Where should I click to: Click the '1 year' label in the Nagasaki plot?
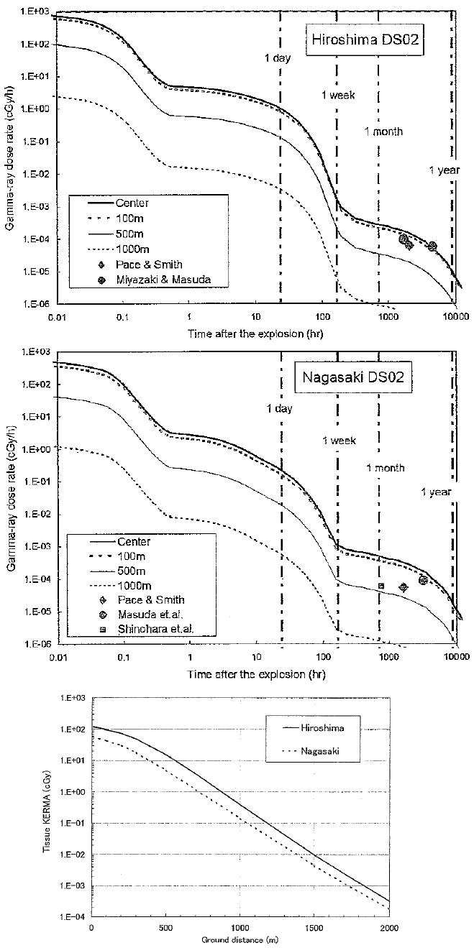tap(436, 492)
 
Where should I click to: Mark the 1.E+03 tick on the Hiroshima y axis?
tap(30, 11)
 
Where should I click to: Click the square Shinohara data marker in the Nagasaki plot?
tap(381, 586)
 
